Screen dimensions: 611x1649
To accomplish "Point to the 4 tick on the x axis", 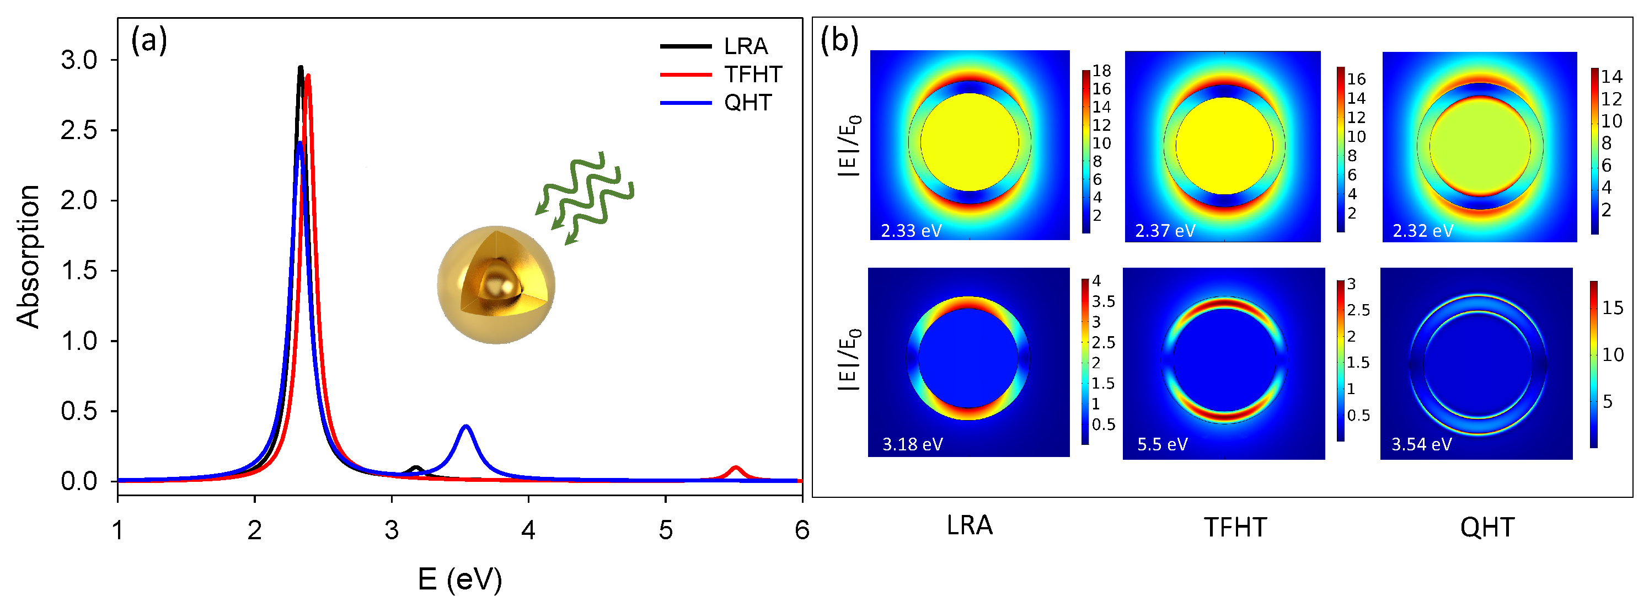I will pos(528,530).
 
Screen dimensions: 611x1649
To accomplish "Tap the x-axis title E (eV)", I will pos(459,579).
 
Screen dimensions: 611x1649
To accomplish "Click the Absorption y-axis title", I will pos(28,256).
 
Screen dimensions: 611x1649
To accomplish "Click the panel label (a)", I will pos(148,41).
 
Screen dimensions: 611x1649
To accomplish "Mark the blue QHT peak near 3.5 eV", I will pos(466,427).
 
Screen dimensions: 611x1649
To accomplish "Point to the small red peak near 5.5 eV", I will pos(736,468).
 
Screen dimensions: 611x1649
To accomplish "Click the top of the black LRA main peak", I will pos(300,67).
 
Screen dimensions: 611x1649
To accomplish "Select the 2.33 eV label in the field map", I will pos(911,231).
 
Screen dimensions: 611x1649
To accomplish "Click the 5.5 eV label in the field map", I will pos(1162,444).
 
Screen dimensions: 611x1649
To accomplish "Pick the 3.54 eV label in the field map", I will pos(1421,444).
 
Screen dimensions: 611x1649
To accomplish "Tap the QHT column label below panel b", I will pos(1486,528).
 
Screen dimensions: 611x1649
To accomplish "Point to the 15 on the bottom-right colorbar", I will pos(1613,308).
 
